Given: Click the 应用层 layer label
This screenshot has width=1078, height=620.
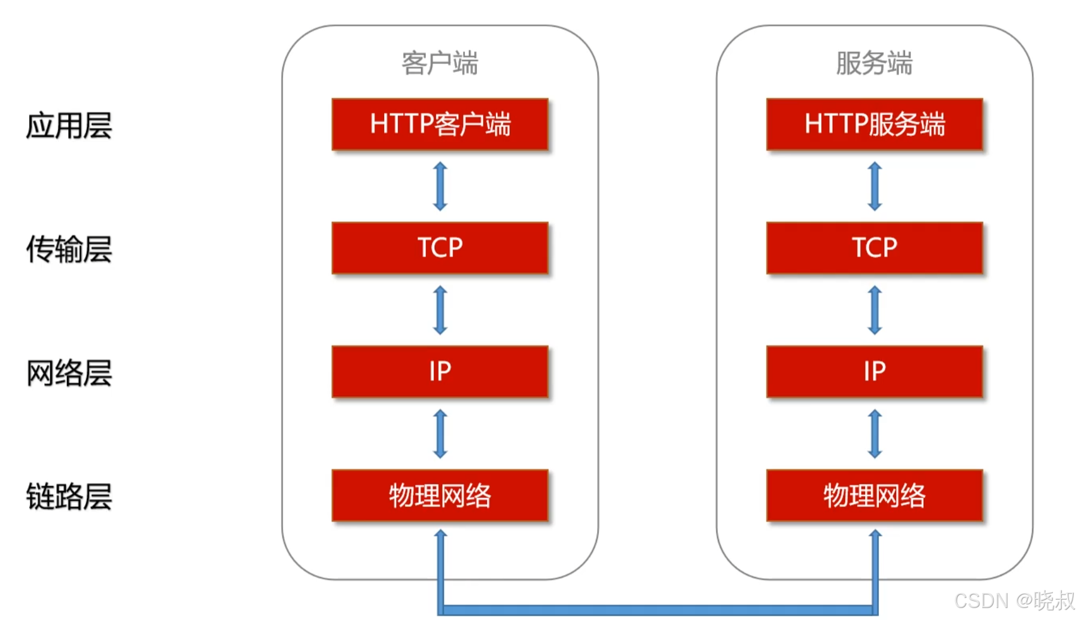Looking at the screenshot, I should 69,126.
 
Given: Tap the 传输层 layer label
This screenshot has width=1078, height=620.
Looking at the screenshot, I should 69,249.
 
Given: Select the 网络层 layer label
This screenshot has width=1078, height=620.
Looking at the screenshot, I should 69,373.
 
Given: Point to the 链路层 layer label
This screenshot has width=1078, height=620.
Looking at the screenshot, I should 69,497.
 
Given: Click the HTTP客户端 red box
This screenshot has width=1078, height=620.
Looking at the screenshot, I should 440,124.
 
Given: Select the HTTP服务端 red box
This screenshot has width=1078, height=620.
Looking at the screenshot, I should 874,124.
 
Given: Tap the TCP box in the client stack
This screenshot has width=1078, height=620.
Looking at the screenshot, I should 440,248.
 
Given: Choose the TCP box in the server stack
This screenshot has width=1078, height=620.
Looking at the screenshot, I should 874,248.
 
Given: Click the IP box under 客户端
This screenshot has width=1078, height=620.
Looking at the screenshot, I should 440,372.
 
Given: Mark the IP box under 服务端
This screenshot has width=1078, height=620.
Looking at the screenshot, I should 874,372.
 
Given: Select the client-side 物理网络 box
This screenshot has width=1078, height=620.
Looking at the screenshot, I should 440,496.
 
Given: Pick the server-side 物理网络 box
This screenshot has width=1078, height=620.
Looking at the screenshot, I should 874,496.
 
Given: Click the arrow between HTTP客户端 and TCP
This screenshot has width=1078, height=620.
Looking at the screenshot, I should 440,186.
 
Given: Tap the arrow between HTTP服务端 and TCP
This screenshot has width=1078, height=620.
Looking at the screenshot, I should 875,186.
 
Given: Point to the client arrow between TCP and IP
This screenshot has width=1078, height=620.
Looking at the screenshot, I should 440,310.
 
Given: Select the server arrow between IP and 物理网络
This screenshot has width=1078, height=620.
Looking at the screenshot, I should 875,434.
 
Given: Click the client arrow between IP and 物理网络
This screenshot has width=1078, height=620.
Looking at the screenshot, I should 440,434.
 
